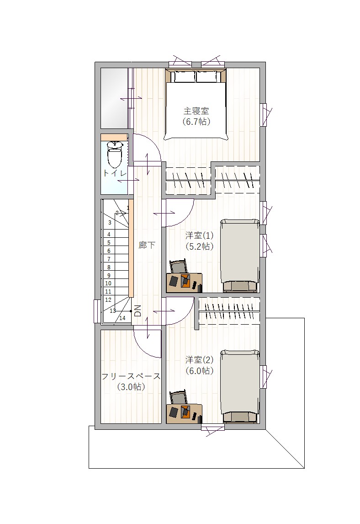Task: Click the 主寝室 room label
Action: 196,111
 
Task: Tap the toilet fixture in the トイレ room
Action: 115,154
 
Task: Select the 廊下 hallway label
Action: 147,245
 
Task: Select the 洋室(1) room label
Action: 199,235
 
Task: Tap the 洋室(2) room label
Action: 199,359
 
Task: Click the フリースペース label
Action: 131,376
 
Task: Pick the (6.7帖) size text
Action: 196,121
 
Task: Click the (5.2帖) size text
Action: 199,246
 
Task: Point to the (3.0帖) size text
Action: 131,387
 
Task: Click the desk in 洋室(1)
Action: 185,283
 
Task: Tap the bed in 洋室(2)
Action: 239,386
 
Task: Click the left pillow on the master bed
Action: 183,77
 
